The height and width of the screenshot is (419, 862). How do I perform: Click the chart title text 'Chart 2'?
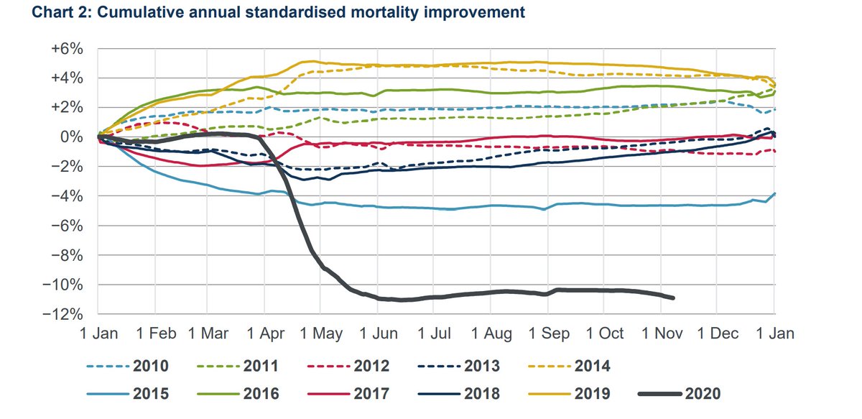34,12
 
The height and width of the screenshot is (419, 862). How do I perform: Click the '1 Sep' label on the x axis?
550,334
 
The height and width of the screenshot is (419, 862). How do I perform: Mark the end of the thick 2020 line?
673,298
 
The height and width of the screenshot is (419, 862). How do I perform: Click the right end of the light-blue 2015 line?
774,193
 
